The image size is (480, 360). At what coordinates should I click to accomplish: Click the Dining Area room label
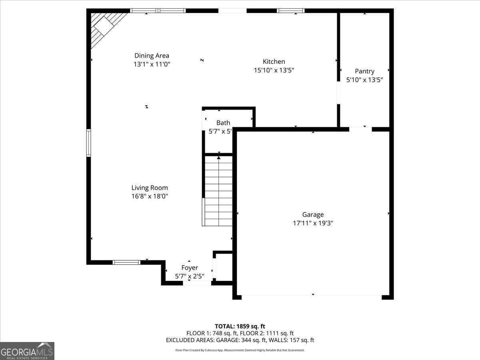pos(152,56)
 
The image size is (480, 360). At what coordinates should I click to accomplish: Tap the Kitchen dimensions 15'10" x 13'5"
pos(274,70)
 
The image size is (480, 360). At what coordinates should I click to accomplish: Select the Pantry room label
pos(364,71)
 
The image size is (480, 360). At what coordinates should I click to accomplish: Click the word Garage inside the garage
pos(313,215)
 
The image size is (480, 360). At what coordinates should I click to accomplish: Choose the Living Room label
pos(150,188)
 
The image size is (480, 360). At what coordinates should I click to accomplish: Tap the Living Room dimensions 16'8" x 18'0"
pos(150,196)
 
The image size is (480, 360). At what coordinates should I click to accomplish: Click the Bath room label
pos(223,123)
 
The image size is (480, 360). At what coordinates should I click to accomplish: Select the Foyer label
pos(190,268)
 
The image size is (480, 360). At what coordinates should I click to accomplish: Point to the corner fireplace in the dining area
pos(105,27)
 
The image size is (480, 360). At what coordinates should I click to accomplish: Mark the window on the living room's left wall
pos(88,143)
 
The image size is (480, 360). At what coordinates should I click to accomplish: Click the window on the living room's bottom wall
pos(126,262)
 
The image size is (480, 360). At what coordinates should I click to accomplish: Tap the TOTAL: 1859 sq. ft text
pos(240,326)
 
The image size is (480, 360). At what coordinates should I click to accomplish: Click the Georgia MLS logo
pos(27,351)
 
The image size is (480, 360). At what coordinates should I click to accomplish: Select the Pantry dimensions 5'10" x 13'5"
pos(364,80)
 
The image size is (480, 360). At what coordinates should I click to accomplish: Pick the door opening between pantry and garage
pos(360,129)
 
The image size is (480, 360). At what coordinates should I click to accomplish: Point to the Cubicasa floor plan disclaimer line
pos(240,350)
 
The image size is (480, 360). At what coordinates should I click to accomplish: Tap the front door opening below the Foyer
pos(197,283)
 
